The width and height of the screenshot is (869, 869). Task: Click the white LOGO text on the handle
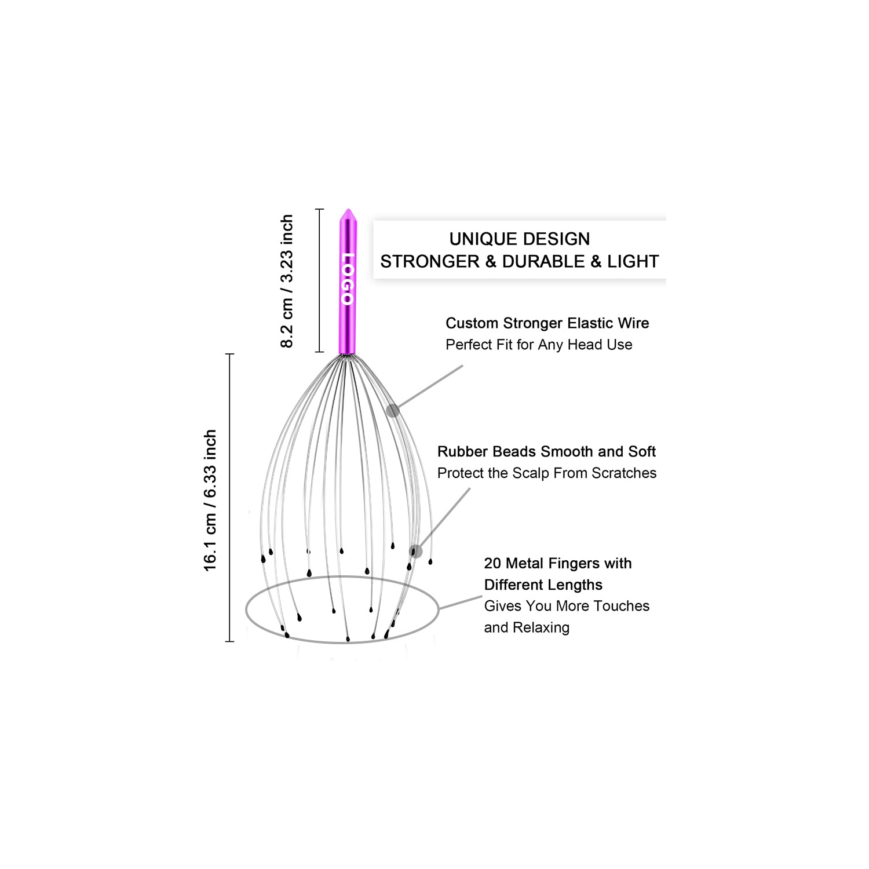point(348,279)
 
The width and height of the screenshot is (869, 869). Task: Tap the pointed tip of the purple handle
point(348,211)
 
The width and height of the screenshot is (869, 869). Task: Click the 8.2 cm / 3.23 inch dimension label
point(287,281)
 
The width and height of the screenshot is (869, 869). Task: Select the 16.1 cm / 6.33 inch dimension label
point(210,500)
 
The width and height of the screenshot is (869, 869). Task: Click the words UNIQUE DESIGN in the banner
point(520,239)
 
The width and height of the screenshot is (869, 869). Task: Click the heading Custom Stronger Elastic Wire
point(547,323)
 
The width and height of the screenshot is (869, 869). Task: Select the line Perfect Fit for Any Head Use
point(539,345)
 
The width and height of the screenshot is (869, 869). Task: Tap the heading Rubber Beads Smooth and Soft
point(546,451)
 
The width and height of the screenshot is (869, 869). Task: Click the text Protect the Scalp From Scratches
point(547,473)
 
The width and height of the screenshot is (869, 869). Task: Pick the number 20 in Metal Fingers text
point(492,563)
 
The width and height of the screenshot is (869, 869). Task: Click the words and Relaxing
point(527,627)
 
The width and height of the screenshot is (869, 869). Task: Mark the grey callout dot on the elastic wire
point(393,411)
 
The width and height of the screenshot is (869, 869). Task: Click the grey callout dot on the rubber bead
point(415,551)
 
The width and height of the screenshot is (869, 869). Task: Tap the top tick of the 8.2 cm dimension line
point(319,209)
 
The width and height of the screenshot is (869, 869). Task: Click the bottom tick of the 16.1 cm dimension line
point(229,641)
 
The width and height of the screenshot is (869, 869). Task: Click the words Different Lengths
point(543,585)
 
